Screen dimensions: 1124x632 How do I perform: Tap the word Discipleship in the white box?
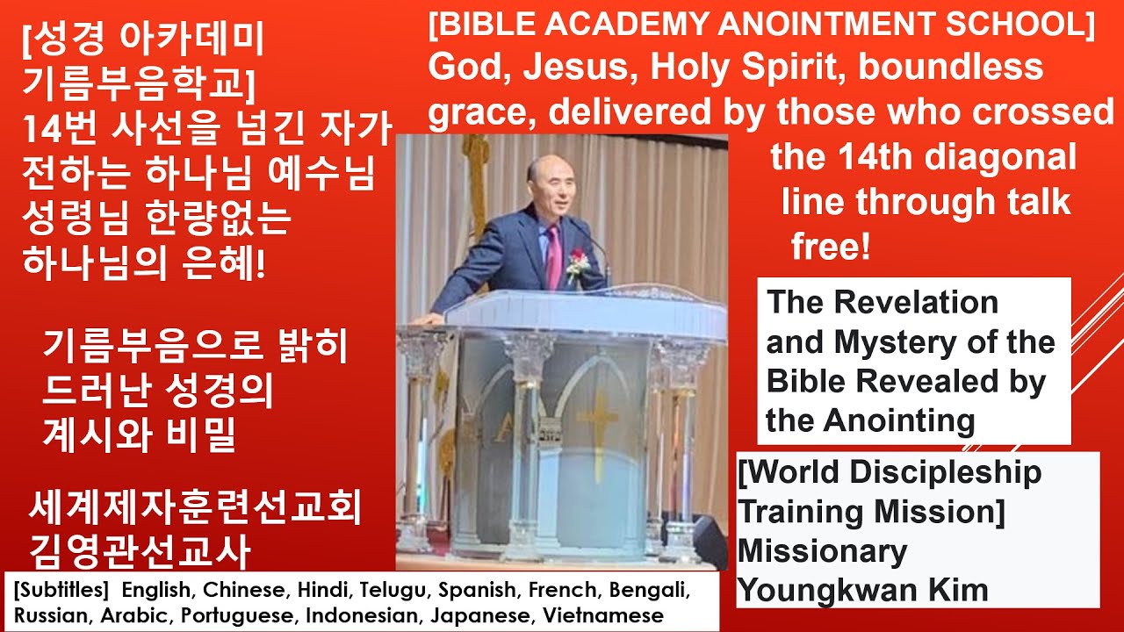[x=946, y=473]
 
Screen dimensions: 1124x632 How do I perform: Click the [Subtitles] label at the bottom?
[x=61, y=591]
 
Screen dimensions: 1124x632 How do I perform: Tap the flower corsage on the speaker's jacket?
[x=577, y=264]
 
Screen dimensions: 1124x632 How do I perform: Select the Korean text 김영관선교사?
[x=140, y=551]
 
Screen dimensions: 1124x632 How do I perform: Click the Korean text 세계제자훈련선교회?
[x=195, y=507]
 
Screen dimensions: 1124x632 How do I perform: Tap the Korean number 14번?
[x=59, y=129]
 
